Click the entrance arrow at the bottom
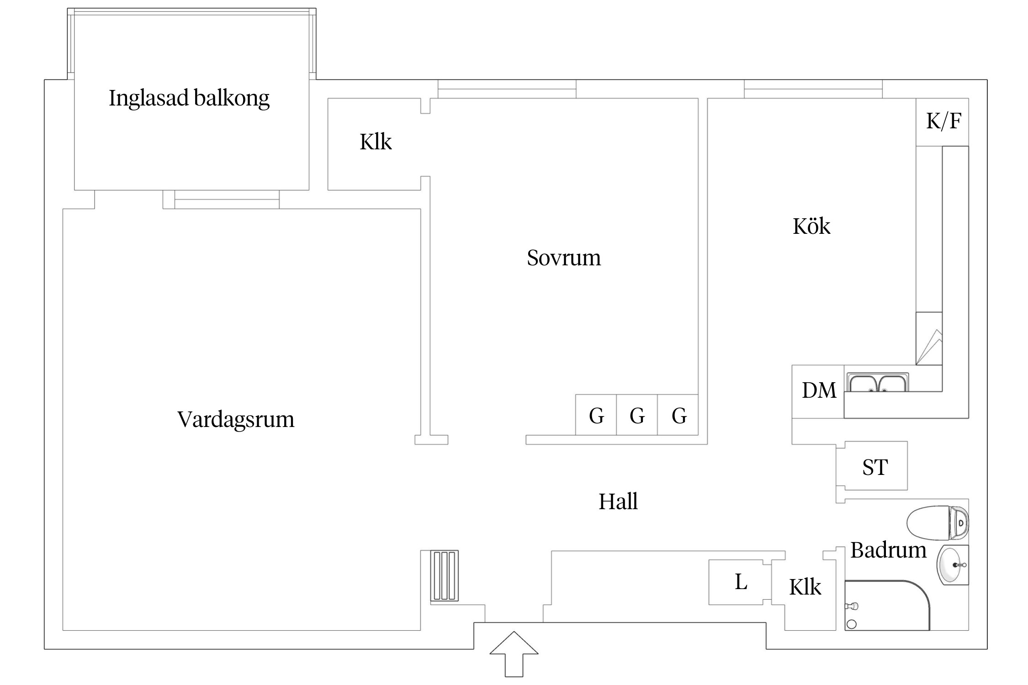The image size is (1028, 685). click(514, 653)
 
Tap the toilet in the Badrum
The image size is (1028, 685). click(937, 522)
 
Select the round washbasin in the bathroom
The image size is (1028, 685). click(952, 565)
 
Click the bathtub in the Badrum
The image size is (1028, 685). click(886, 606)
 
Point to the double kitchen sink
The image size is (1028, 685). click(878, 383)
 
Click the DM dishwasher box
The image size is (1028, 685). click(818, 391)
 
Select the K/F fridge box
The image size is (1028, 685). click(943, 121)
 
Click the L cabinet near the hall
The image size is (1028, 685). click(740, 582)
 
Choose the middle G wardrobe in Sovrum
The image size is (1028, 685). click(637, 415)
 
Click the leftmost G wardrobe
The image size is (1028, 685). click(596, 415)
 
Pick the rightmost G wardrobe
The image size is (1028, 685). click(678, 415)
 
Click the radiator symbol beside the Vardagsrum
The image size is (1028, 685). click(444, 575)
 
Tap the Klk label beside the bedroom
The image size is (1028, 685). click(375, 142)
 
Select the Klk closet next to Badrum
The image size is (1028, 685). click(805, 587)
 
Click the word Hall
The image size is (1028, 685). click(618, 501)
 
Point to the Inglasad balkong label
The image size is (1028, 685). click(189, 98)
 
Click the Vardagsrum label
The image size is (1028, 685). click(236, 419)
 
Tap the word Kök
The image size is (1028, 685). click(811, 226)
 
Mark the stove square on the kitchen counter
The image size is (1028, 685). click(929, 338)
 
